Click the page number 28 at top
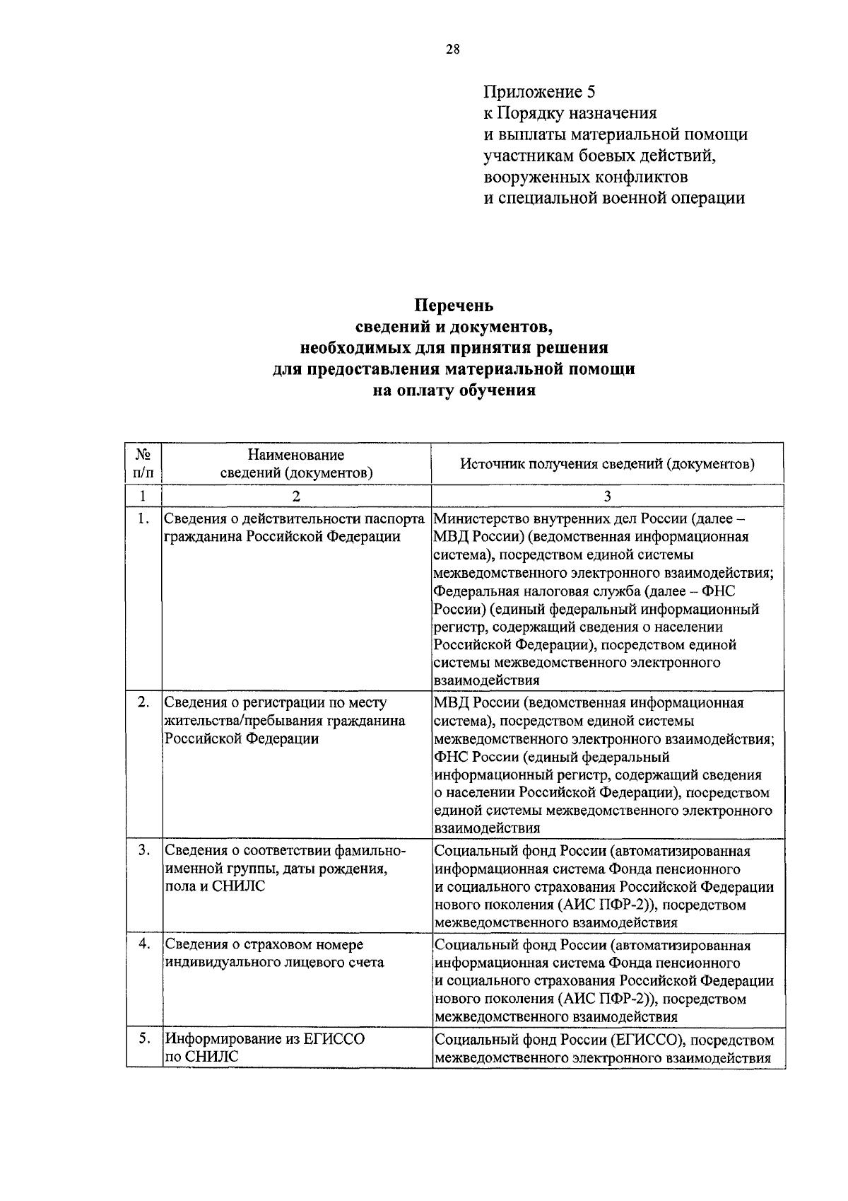(453, 49)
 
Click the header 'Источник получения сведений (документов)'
(607, 464)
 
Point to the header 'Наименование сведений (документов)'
(296, 463)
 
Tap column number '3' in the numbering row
(607, 496)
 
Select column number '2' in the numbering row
(296, 496)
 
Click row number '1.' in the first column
(143, 519)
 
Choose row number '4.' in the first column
(143, 944)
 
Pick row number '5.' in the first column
(143, 1039)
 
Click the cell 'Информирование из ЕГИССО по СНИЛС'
(265, 1048)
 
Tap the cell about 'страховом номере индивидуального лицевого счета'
(274, 953)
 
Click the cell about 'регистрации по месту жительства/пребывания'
(284, 721)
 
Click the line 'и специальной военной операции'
(613, 198)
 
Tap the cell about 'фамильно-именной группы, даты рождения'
(284, 868)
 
